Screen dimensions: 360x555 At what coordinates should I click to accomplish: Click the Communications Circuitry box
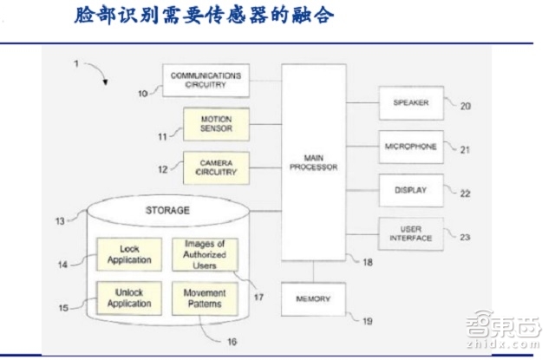(205, 81)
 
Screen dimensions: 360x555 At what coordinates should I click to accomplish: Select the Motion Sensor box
(216, 123)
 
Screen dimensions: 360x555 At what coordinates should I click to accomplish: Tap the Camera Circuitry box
(216, 167)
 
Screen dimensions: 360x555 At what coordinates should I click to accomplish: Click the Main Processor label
(310, 161)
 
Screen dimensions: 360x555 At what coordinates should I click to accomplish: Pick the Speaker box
(410, 101)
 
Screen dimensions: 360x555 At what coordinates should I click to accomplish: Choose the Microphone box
(410, 146)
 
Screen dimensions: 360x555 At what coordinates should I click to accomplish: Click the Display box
(410, 190)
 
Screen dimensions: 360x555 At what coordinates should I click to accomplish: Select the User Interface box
(410, 232)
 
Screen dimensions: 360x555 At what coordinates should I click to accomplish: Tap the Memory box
(312, 298)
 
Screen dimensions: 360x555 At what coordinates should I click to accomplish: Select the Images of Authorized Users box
(205, 254)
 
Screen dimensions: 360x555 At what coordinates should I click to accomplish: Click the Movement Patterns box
(205, 298)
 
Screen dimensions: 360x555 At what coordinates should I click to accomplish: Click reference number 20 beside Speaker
(466, 107)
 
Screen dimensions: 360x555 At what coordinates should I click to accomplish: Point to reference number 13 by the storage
(60, 221)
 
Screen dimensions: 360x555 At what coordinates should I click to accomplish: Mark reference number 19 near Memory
(368, 321)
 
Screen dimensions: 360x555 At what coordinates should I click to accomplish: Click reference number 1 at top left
(75, 64)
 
